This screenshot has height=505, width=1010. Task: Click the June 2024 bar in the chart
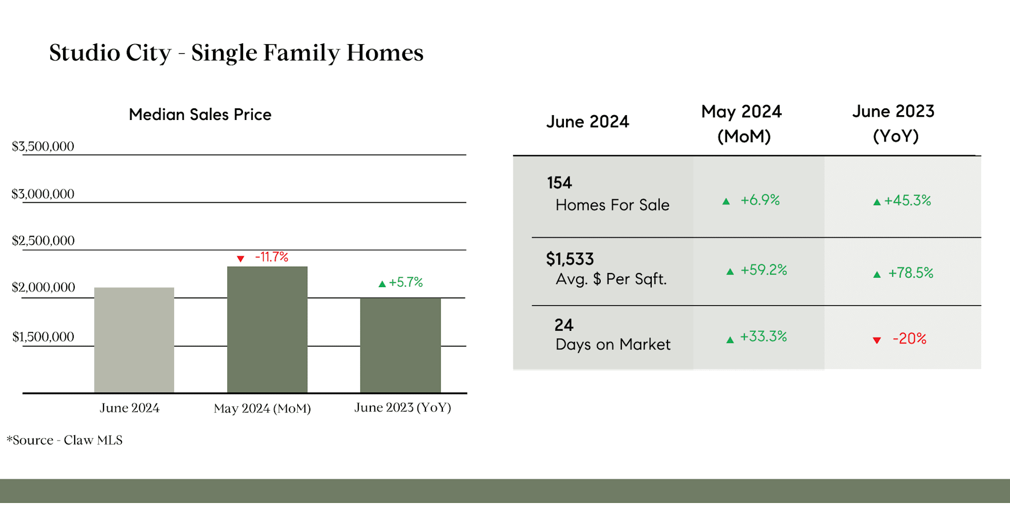click(x=134, y=340)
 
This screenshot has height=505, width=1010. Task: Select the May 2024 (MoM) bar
click(x=267, y=330)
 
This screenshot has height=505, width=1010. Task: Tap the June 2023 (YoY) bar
click(x=400, y=345)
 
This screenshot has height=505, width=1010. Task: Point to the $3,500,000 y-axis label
click(x=43, y=146)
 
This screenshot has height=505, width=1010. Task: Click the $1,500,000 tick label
click(x=43, y=337)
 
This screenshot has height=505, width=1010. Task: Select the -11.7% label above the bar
click(x=271, y=257)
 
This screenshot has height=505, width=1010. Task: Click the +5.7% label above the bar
click(x=406, y=282)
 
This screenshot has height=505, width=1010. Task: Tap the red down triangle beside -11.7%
click(x=240, y=259)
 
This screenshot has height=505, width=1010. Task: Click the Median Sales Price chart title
click(x=200, y=114)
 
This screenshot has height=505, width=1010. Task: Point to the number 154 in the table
click(x=559, y=183)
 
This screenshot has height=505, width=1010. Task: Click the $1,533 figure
click(x=570, y=259)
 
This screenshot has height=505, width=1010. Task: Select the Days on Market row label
click(x=613, y=345)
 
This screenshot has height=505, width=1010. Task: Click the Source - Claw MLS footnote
click(x=64, y=440)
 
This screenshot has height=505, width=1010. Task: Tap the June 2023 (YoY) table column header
click(x=893, y=124)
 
